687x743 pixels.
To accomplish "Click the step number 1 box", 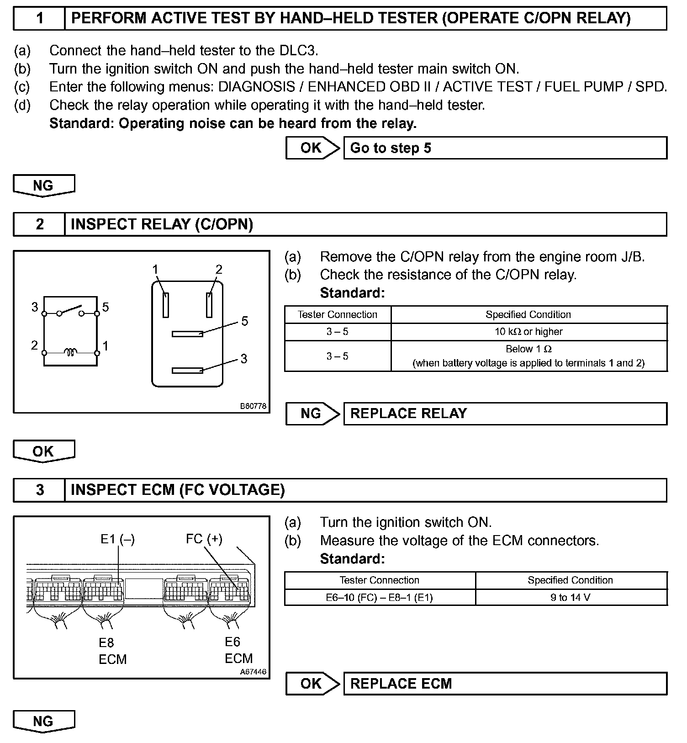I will [40, 18].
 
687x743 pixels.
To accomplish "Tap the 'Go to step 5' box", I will [505, 148].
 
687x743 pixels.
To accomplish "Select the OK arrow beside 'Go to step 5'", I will [313, 148].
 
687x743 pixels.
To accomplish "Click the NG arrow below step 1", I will [44, 186].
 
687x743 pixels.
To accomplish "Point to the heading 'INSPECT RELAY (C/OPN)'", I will [162, 224].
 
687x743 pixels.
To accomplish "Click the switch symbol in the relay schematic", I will [70, 311].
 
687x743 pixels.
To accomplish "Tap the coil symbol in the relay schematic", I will [70, 352].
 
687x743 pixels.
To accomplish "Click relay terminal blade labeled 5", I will [187, 334].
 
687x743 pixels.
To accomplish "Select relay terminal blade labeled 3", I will [187, 371].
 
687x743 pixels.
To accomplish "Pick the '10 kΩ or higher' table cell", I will [528, 332].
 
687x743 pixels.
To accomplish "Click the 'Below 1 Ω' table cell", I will [528, 356].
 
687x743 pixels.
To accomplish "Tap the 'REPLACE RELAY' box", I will [505, 414].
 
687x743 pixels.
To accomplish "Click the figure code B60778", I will [253, 406].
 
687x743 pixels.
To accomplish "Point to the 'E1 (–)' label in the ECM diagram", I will [117, 539].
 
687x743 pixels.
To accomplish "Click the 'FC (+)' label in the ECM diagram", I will [204, 539].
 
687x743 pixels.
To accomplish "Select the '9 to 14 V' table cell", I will [571, 597].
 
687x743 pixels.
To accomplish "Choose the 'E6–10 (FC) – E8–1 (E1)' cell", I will [379, 597].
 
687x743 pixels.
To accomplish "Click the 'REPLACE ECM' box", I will [505, 684].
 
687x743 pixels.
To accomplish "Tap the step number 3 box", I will [40, 490].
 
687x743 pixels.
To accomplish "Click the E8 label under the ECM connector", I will [106, 643].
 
